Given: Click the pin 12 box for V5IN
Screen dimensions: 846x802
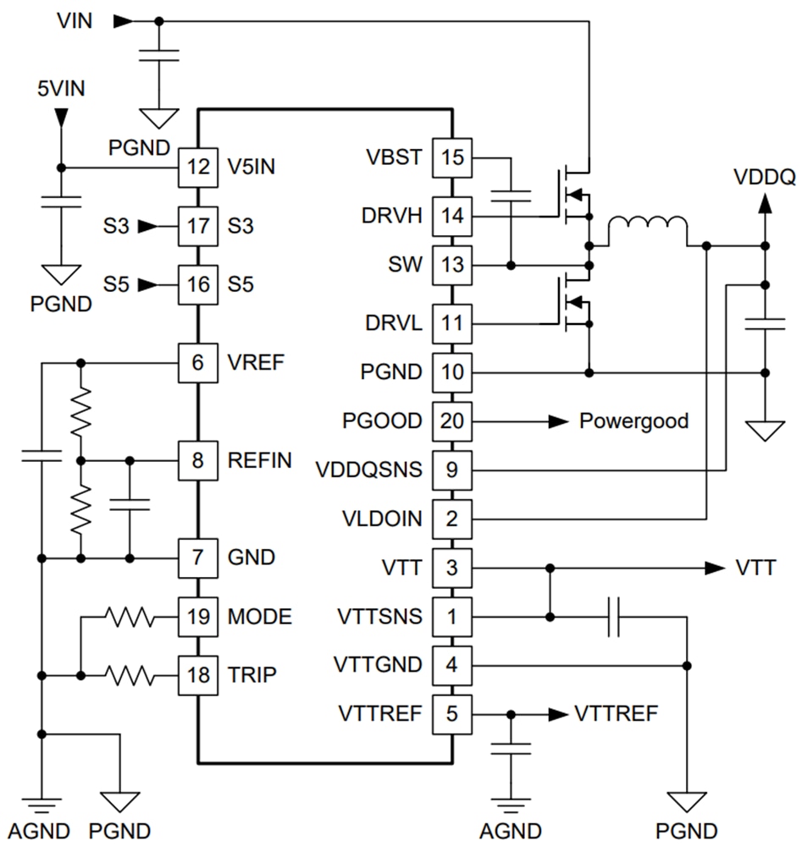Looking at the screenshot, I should (198, 168).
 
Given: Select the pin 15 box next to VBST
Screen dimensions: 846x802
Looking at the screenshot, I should (453, 157).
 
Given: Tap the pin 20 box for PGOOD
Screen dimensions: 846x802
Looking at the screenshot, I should (453, 420).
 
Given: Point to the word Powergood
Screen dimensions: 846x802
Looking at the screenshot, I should (633, 420).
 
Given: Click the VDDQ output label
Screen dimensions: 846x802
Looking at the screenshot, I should (765, 178).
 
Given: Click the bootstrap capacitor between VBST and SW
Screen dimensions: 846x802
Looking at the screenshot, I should (511, 197).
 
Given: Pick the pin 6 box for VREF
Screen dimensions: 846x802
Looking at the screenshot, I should (198, 362).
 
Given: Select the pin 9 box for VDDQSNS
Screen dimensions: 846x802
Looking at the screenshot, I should (453, 469).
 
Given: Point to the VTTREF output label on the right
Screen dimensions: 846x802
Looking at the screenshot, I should (615, 713).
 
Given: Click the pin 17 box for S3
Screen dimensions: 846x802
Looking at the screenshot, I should (198, 226).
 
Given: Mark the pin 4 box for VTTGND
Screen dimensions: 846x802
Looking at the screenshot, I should (453, 664).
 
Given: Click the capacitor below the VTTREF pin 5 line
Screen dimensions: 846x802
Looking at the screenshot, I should (511, 748).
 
